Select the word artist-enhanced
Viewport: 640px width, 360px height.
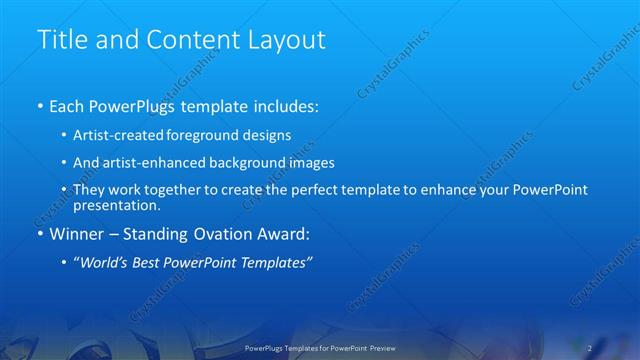pos(149,163)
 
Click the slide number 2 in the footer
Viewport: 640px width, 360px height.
pos(590,348)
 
